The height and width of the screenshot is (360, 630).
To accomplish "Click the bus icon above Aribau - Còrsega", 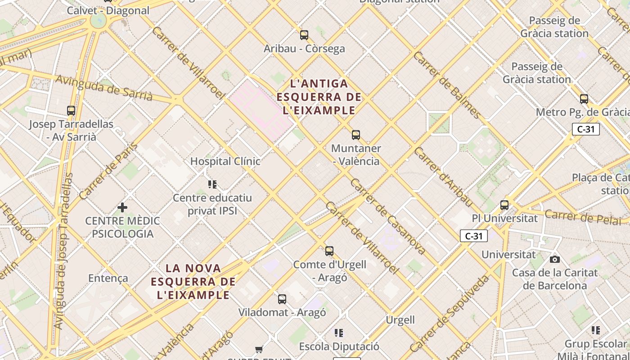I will pos(304,35).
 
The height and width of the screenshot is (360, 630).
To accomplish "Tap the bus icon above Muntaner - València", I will pos(356,135).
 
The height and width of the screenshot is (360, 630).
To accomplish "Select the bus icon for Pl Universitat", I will pos(504,205).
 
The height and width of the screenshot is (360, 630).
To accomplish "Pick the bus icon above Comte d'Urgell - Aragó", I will pos(329,251).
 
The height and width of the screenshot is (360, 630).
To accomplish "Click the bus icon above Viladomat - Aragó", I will pos(282,299).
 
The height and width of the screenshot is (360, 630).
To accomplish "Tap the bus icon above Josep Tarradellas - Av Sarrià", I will pos(71,110).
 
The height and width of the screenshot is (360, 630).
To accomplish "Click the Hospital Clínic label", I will pos(225,161).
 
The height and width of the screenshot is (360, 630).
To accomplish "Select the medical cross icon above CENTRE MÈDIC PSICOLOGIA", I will pos(122,207).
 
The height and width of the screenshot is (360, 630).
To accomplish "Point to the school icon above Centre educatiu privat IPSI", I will pos(212,184).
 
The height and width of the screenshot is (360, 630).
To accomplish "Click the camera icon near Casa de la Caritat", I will pos(555,259).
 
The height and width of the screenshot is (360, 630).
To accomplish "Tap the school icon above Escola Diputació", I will pos(339,333).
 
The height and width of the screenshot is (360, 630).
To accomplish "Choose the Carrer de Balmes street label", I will pos(447,85).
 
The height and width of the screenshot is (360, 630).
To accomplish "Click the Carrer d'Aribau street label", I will pos(444,177).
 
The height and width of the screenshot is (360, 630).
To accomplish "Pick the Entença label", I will pos(108,278).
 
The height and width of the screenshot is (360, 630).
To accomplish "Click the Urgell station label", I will pos(400,320).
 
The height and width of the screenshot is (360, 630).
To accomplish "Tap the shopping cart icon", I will pos(259,349).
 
